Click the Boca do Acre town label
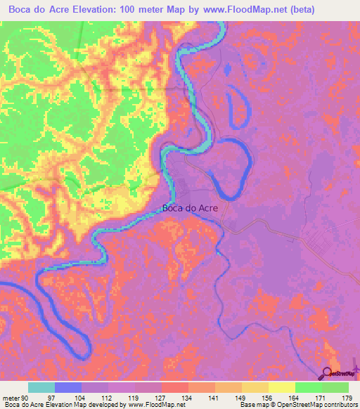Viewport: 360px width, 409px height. pyautogui.click(x=190, y=208)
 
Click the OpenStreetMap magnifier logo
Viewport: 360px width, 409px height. pyautogui.click(x=328, y=372)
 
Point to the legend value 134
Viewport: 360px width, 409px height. pyautogui.click(x=186, y=397)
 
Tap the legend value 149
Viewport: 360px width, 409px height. pyautogui.click(x=239, y=397)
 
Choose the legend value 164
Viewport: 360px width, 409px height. pyautogui.click(x=293, y=397)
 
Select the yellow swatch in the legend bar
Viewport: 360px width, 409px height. pyautogui.click(x=281, y=387)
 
